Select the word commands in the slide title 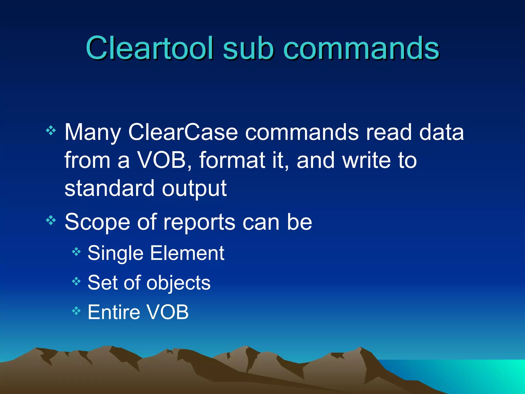tap(361, 48)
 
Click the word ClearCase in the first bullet tap(183, 132)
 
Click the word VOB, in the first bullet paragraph tap(164, 160)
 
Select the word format tap(232, 160)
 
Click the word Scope tap(97, 222)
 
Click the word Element tap(187, 253)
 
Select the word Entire tap(114, 312)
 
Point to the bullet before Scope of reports tap(51, 220)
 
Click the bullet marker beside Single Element tap(76, 252)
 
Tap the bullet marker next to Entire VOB tap(76, 311)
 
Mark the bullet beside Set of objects tap(76, 282)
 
